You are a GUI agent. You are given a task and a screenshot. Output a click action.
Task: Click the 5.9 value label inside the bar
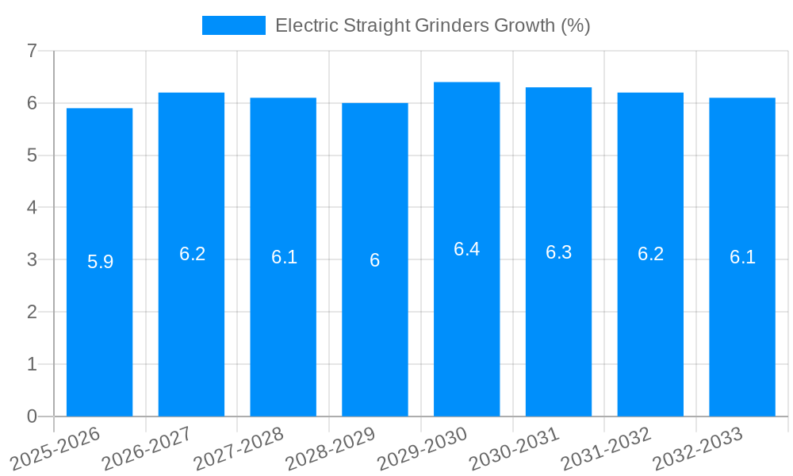tap(100, 262)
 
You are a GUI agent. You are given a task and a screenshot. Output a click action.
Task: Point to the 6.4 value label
tap(466, 249)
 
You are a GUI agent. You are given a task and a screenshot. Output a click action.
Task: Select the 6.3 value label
tap(558, 252)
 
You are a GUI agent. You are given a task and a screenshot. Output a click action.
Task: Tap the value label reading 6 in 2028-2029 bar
tap(374, 260)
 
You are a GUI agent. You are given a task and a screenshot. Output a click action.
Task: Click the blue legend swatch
tap(233, 25)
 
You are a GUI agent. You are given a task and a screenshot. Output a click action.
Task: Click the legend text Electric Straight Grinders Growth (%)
tap(432, 25)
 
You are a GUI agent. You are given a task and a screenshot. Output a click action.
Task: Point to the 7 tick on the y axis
tap(32, 51)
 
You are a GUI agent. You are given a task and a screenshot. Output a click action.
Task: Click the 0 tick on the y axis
tap(32, 416)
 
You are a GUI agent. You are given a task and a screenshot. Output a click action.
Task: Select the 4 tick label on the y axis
tap(32, 208)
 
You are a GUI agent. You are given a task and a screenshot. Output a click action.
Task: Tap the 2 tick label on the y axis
tap(32, 312)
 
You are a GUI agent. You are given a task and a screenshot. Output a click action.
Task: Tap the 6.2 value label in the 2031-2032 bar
tap(650, 254)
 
